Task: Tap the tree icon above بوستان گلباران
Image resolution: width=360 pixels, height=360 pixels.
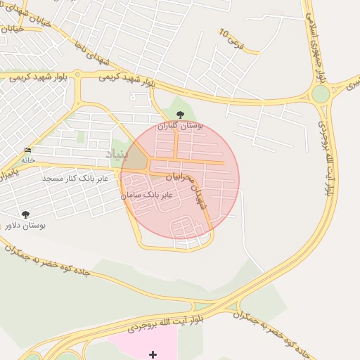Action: tap(180, 114)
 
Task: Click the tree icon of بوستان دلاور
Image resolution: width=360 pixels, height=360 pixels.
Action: tap(26, 214)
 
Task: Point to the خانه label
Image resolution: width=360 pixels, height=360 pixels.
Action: tap(28, 160)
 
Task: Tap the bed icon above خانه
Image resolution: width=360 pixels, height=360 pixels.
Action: tap(28, 150)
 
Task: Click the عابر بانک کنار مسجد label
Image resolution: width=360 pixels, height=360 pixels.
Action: tap(75, 179)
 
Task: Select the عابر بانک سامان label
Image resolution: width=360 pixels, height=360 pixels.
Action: tap(147, 193)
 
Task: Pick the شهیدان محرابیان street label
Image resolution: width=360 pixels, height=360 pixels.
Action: tap(202, 196)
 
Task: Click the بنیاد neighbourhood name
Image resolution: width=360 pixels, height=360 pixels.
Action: tap(119, 153)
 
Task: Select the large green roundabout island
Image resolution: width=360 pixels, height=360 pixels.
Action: tap(321, 94)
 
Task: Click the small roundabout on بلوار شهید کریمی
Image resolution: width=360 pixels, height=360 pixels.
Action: tap(77, 73)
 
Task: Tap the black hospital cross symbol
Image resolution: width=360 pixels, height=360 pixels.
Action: tap(153, 354)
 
